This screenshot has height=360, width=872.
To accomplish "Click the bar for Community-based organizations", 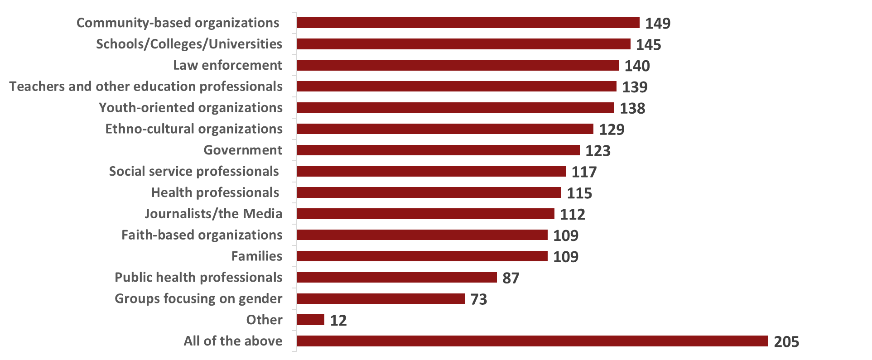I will (468, 23).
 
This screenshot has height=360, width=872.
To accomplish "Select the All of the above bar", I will (532, 341).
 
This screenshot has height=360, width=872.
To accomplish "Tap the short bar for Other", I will (311, 320).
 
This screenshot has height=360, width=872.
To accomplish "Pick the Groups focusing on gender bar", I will (381, 298).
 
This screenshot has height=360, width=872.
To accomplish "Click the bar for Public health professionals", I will (397, 277).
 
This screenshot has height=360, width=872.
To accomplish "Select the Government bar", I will (438, 150).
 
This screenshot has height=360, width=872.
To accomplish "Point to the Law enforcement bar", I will (458, 65).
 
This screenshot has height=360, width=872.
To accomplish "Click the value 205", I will (786, 341).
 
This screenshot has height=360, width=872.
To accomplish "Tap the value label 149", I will (658, 23).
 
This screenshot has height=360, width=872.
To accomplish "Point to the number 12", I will (338, 321).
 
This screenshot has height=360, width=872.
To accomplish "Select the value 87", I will (511, 278).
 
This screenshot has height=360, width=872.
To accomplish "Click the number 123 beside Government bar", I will (598, 150).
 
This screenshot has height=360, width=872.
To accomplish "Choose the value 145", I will (649, 44).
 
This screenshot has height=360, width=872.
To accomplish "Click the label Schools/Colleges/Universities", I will (189, 44).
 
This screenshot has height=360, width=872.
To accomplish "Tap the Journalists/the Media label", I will (213, 213).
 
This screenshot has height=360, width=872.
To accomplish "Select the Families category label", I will (256, 256).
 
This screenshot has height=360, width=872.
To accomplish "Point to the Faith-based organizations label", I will (202, 235).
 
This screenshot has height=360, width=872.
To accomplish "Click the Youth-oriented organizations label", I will (190, 107).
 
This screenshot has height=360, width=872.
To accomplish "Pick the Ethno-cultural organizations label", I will (194, 129).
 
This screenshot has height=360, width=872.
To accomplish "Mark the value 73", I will (479, 299).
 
